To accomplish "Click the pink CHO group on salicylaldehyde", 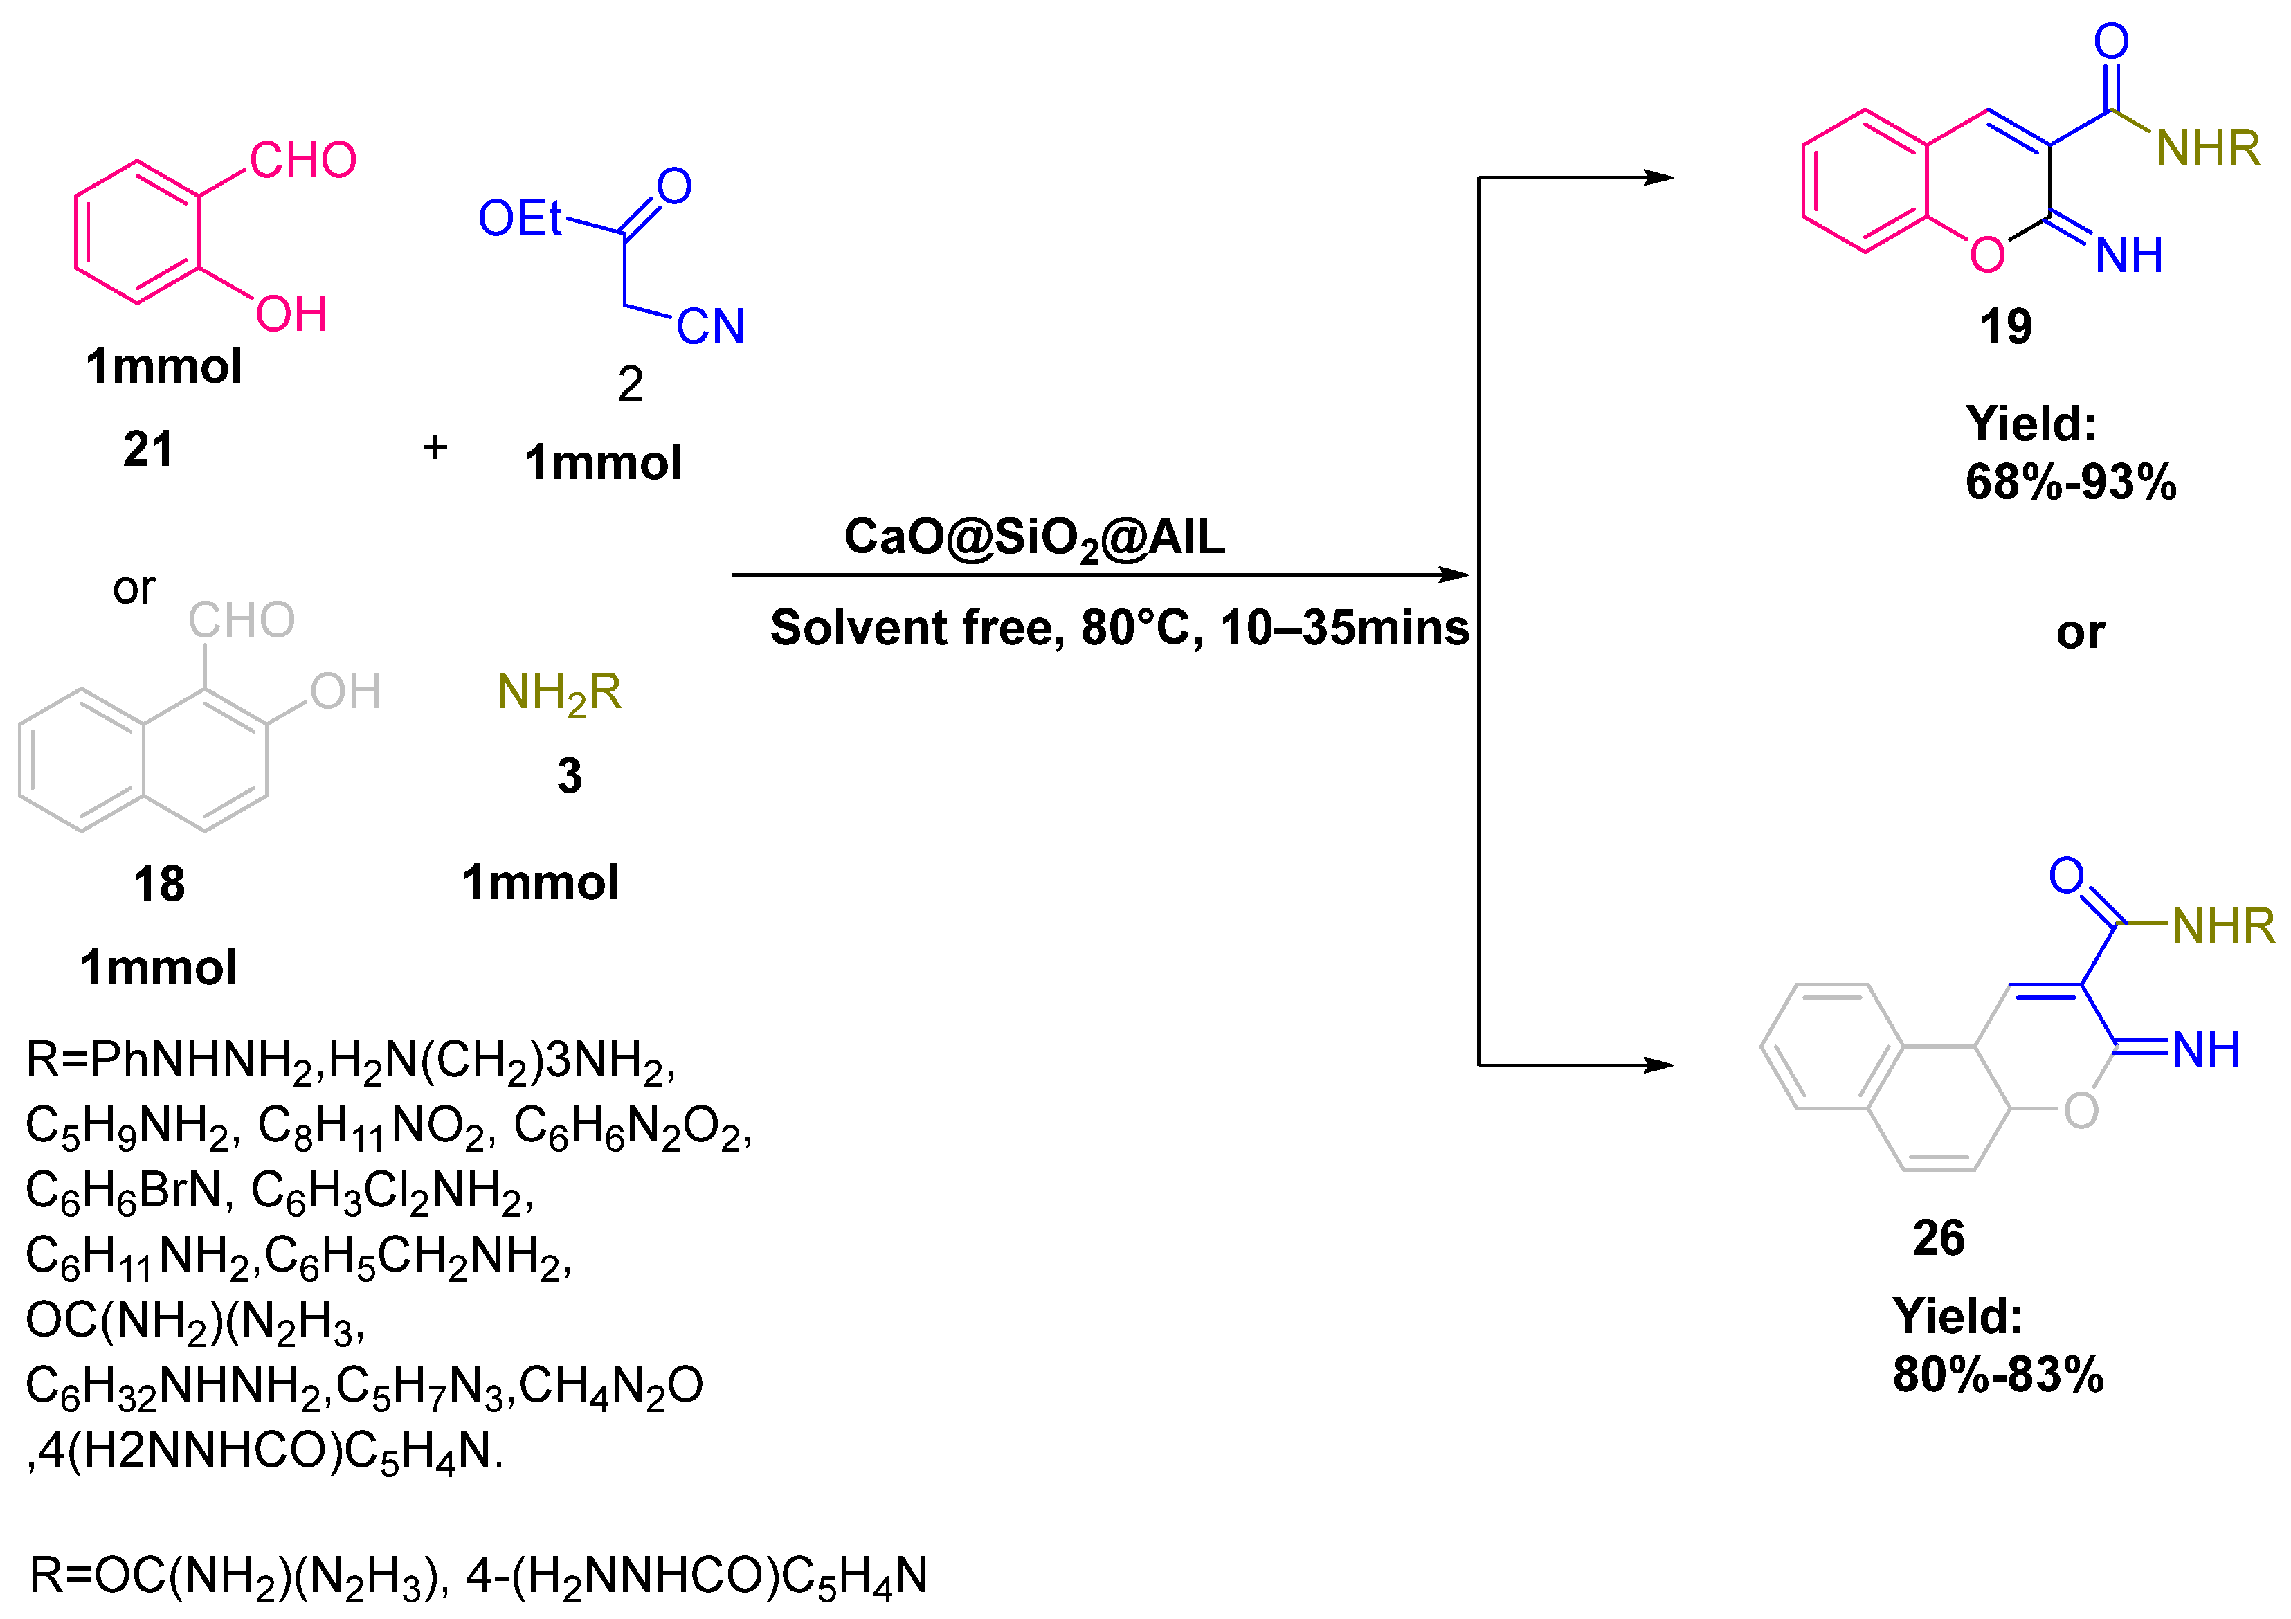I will tap(302, 160).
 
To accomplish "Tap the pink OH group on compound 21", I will tap(291, 314).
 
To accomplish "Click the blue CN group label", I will tap(710, 327).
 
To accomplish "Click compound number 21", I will tap(147, 449).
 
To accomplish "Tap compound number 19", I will tap(2006, 327).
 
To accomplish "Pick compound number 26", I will tap(1938, 1239).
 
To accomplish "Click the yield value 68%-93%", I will tap(2070, 483).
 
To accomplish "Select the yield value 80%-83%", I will tap(1998, 1375).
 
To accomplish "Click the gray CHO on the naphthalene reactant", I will tap(242, 620).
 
